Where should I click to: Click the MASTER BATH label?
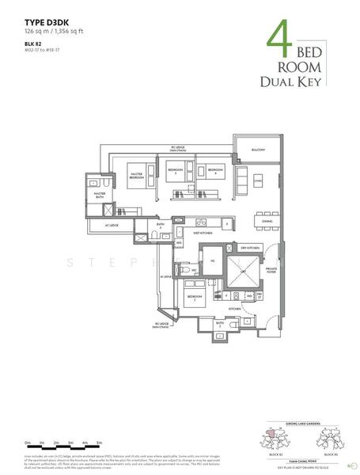(x=100, y=194)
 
